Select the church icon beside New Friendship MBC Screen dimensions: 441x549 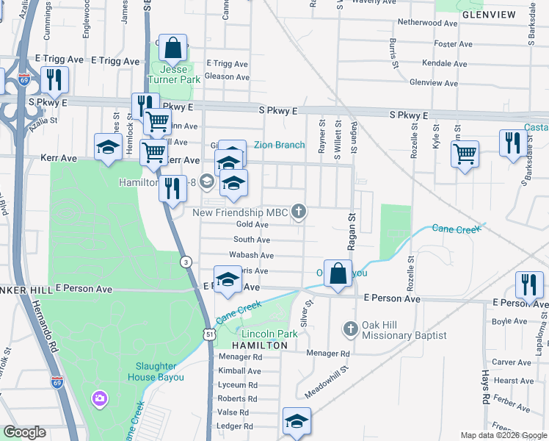[298, 212]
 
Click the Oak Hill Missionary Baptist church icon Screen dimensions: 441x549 [350, 328]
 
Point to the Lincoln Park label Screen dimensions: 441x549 [269, 334]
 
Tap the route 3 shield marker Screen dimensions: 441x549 [187, 262]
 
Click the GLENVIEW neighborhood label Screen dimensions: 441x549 [485, 14]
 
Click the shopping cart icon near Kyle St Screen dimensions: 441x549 [465, 154]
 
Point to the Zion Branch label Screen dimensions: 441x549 [279, 145]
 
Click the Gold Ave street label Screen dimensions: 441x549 [252, 224]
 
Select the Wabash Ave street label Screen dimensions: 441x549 [252, 255]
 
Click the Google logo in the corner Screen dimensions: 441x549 [24, 432]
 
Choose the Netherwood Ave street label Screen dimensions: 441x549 [427, 23]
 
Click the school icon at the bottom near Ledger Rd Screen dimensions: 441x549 [297, 421]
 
